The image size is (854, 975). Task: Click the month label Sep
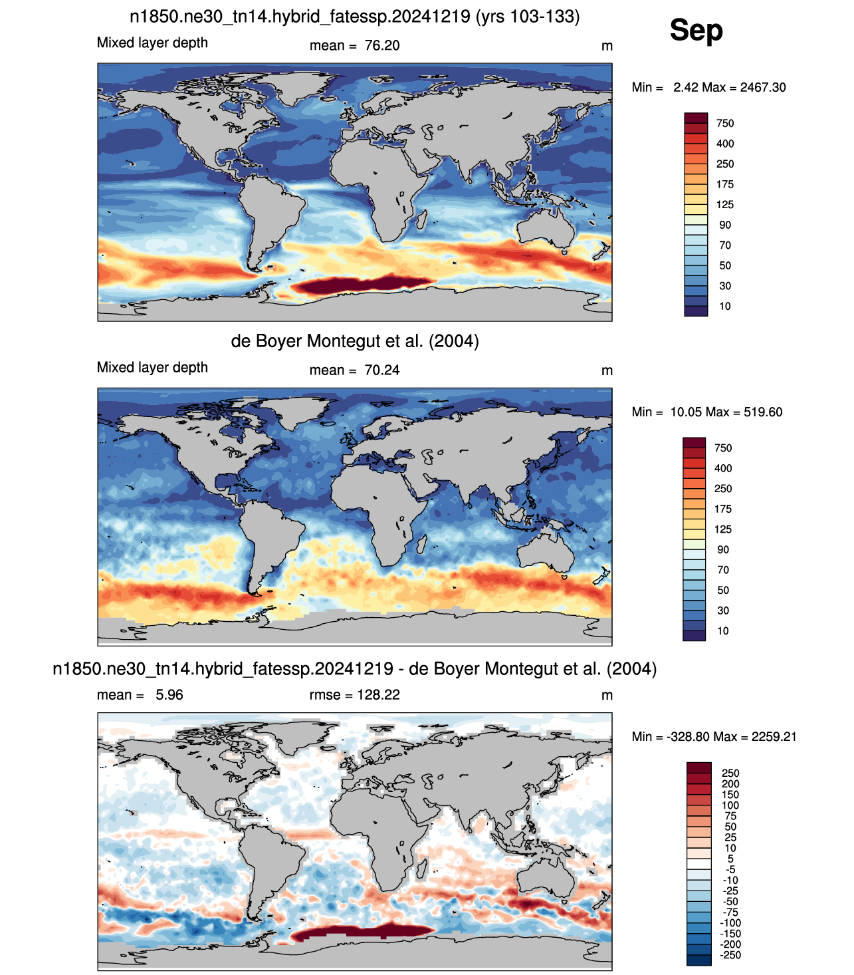click(696, 31)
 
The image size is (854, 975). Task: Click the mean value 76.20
click(381, 46)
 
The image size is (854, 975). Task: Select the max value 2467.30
click(763, 88)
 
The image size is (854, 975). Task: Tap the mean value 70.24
click(381, 370)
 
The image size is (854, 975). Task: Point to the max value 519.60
click(763, 412)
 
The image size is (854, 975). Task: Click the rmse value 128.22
click(378, 694)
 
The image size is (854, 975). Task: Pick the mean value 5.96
click(169, 694)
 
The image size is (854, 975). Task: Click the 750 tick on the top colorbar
click(724, 123)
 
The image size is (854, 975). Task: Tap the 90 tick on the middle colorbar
click(722, 549)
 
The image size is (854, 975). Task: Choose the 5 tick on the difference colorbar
click(730, 859)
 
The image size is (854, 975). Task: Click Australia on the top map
click(546, 227)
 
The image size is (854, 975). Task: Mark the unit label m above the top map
click(607, 46)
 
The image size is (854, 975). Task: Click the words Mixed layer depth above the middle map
click(152, 368)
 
